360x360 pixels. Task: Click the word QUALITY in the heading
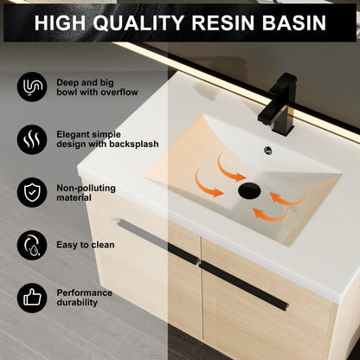[146, 23]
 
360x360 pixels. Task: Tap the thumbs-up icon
[32, 299]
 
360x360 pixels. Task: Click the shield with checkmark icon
[32, 190]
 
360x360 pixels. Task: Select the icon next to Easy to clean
[32, 245]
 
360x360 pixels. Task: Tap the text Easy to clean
[85, 245]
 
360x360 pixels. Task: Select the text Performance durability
[85, 299]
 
